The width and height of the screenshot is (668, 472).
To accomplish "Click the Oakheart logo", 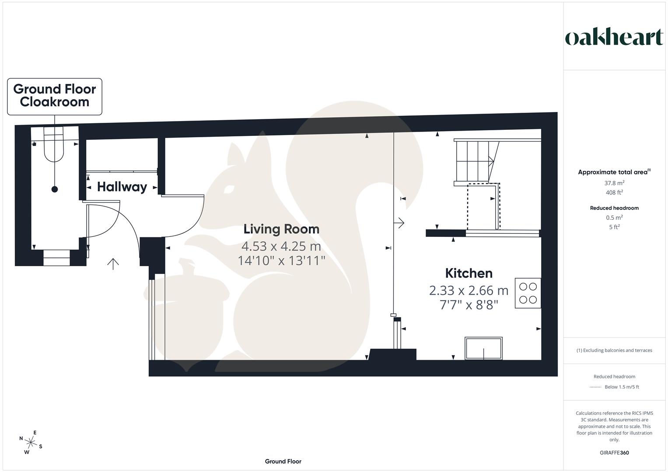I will click(614, 38).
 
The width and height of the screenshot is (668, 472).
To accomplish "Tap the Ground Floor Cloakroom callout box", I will click(55, 96).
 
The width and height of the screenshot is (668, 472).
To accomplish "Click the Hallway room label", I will click(122, 187).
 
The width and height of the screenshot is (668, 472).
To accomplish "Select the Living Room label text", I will click(281, 229).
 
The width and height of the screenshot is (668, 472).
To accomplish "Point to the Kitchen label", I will click(469, 274).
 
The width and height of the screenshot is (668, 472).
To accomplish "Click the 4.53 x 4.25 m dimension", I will click(281, 246).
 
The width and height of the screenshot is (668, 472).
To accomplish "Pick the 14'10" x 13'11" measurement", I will click(281, 261).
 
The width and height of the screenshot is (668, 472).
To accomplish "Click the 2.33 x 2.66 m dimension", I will click(469, 290).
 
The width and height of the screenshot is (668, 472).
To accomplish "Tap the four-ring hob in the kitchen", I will click(528, 293).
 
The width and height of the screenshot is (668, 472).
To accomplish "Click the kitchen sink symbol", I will click(483, 348).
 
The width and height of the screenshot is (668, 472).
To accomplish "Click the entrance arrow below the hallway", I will click(113, 264).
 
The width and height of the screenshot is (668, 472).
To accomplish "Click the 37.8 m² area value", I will click(614, 183).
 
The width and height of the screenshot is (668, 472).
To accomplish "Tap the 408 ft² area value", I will click(614, 193).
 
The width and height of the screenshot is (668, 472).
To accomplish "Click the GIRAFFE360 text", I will click(614, 453).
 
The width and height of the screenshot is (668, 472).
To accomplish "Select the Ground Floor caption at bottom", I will click(283, 461).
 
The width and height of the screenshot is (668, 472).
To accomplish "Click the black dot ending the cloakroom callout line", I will click(55, 189).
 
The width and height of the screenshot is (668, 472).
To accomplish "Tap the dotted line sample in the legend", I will click(595, 387).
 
